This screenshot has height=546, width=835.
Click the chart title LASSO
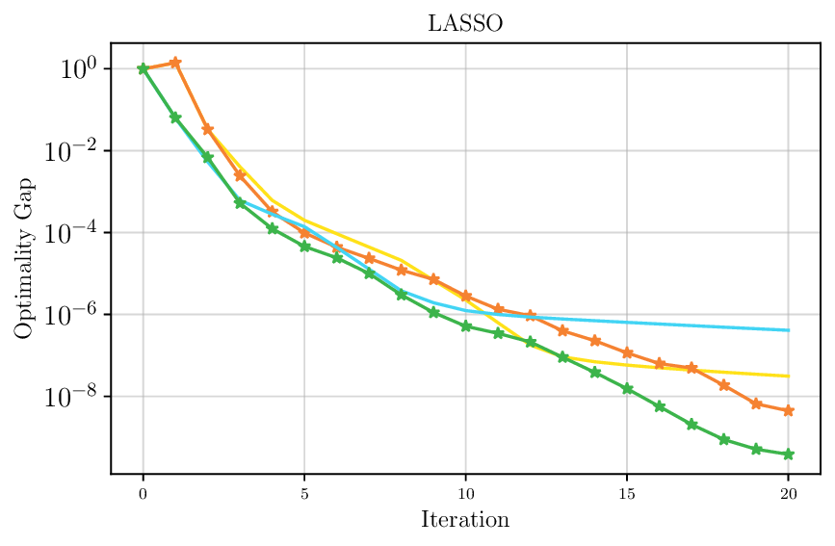click(465, 24)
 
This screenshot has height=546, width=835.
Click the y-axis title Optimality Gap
click(23, 258)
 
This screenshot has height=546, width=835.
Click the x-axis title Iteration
click(465, 521)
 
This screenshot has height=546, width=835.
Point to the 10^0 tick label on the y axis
click(73, 69)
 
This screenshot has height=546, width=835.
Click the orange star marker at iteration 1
click(175, 63)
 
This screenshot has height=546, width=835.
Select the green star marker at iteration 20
click(789, 454)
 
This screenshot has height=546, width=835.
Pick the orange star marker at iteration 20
click(789, 410)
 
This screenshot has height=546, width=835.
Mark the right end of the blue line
click(789, 330)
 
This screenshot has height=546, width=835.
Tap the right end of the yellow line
click(789, 376)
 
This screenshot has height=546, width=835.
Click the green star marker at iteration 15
click(627, 389)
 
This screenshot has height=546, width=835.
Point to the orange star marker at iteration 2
click(207, 129)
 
